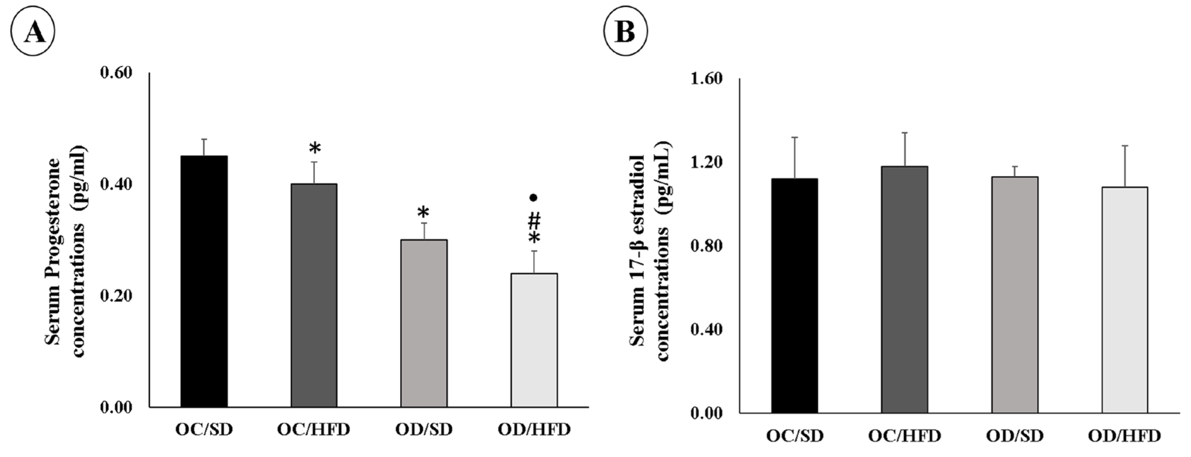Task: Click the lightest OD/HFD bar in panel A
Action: [534, 340]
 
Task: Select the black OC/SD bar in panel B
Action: [794, 296]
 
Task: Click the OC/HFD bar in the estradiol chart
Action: [904, 290]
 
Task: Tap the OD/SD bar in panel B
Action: [1014, 295]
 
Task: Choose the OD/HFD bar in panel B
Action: [1124, 300]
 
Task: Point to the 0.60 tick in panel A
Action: [116, 73]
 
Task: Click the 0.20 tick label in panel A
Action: [116, 296]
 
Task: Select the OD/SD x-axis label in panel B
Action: [1014, 436]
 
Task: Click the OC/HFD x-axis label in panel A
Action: [313, 429]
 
